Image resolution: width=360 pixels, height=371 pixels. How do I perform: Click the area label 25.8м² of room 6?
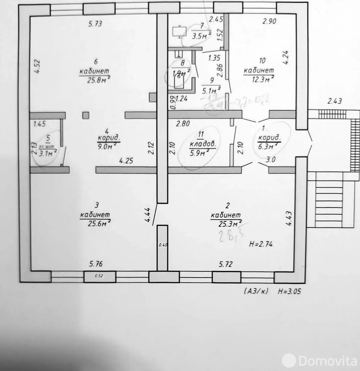pos(94,81)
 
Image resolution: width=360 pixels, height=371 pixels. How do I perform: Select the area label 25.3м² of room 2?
pos(229,224)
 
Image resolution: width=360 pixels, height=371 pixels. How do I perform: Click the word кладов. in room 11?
pos(203,144)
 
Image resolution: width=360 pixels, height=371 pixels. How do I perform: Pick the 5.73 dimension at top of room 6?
pos(95,24)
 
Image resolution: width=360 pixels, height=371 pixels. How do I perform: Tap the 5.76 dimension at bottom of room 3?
pos(96,264)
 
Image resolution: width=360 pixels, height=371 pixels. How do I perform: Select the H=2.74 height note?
pos(261,245)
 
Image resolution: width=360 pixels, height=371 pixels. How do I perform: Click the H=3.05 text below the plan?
pos(289,291)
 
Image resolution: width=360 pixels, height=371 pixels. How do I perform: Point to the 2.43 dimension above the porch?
pos(335,101)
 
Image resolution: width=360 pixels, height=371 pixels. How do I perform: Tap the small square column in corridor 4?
pos(86,115)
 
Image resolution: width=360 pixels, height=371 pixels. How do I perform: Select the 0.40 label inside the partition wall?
pos(163,245)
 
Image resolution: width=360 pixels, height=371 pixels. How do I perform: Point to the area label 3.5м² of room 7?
pos(201,36)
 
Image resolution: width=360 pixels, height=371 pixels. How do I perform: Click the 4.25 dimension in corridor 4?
pos(126,161)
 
